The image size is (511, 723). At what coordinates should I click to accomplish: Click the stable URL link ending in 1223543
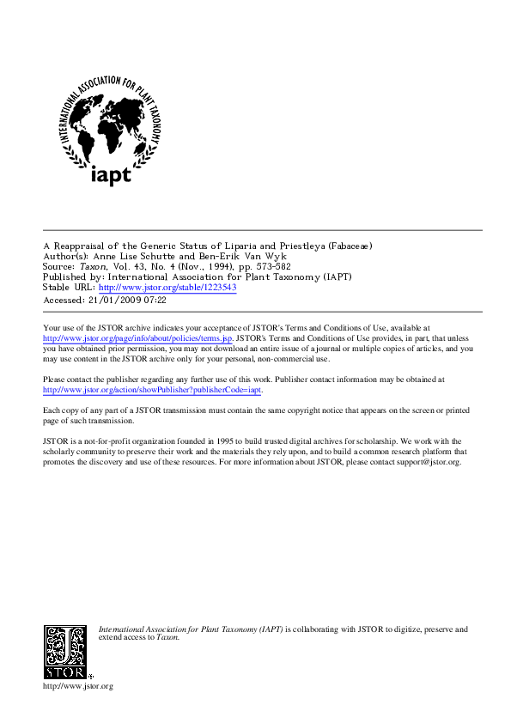[167, 288]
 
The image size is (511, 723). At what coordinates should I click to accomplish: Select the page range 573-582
[271, 267]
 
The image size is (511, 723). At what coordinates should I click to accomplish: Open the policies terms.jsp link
[137, 339]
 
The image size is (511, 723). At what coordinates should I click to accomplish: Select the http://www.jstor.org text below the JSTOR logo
[78, 686]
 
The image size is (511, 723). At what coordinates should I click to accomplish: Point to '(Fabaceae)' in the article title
[350, 246]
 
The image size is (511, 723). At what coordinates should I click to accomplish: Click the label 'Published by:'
[73, 277]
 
